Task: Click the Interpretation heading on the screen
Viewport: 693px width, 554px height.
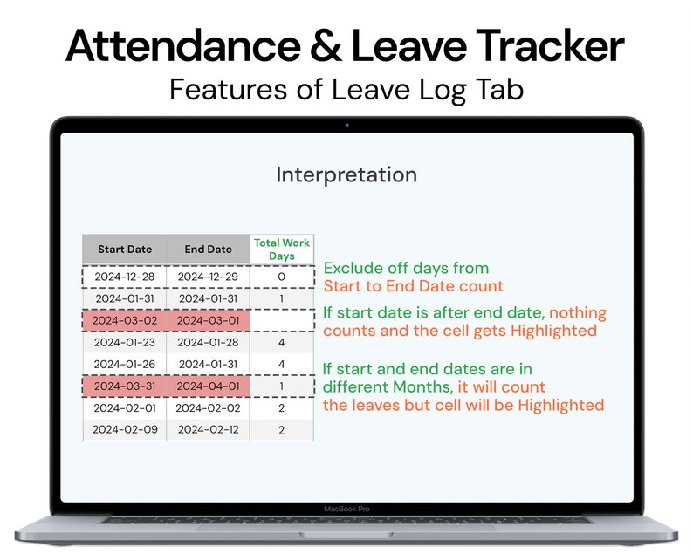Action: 346,174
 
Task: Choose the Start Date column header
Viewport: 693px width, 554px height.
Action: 124,250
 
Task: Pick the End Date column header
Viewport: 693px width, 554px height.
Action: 208,250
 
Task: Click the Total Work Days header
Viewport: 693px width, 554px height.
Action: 281,250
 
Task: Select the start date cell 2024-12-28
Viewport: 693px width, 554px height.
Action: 124,277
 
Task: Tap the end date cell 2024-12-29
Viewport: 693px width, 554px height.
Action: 208,277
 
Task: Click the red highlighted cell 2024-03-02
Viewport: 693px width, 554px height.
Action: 124,320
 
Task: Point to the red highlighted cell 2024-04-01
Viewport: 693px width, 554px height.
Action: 208,386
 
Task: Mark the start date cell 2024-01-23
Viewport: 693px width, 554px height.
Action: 124,342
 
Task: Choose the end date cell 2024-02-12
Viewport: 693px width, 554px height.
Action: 208,429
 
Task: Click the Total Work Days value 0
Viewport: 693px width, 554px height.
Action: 281,277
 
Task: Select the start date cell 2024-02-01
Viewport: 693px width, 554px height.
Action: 124,407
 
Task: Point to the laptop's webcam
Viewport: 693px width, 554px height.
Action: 346,125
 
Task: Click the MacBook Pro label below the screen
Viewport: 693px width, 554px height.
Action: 346,508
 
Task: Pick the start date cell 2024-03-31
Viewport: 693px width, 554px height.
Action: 124,386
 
